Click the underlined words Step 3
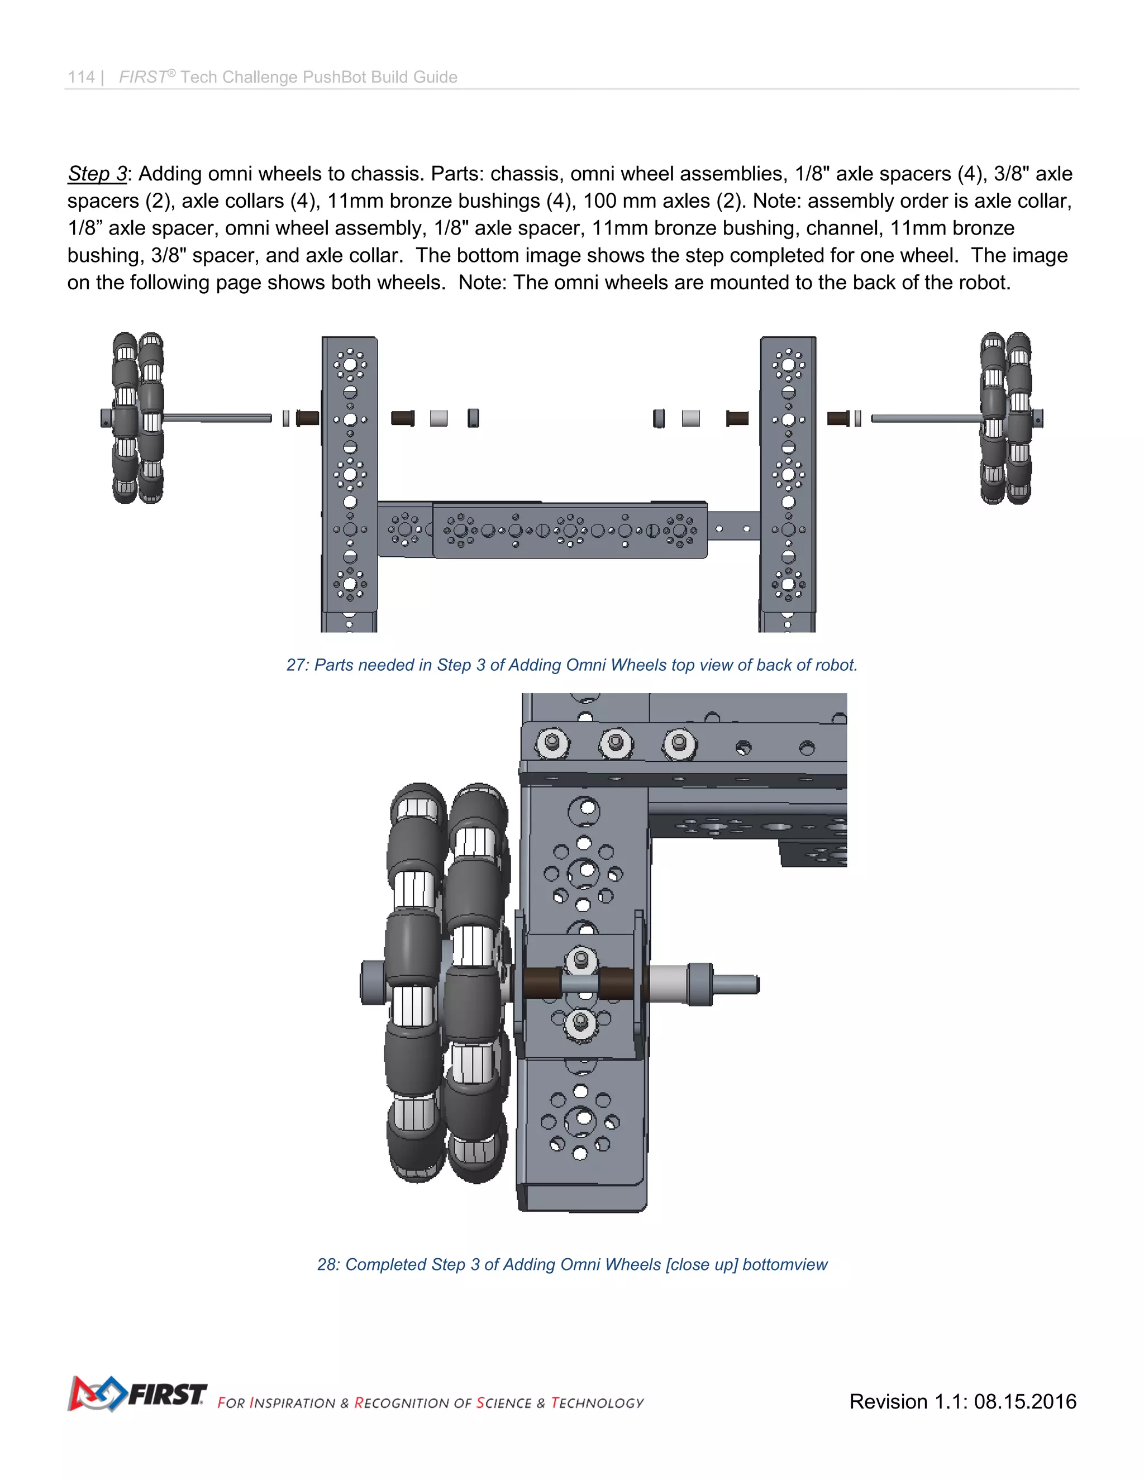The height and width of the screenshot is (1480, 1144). click(x=97, y=174)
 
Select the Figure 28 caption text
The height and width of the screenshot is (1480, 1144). click(x=571, y=1264)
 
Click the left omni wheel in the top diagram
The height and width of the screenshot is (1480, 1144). click(x=137, y=418)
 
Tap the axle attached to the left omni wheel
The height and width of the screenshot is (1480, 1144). click(x=217, y=419)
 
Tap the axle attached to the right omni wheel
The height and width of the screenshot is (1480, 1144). click(x=925, y=419)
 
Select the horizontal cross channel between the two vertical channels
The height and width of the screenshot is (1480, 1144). click(x=569, y=531)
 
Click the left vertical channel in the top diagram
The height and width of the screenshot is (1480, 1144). click(x=350, y=474)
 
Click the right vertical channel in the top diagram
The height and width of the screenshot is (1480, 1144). click(x=788, y=474)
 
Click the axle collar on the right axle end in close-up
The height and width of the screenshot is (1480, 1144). click(x=700, y=984)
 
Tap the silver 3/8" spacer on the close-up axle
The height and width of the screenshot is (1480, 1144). click(x=668, y=984)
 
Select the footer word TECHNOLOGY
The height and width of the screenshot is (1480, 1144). click(x=597, y=1403)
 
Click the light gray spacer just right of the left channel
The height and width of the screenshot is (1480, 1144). click(x=438, y=418)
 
